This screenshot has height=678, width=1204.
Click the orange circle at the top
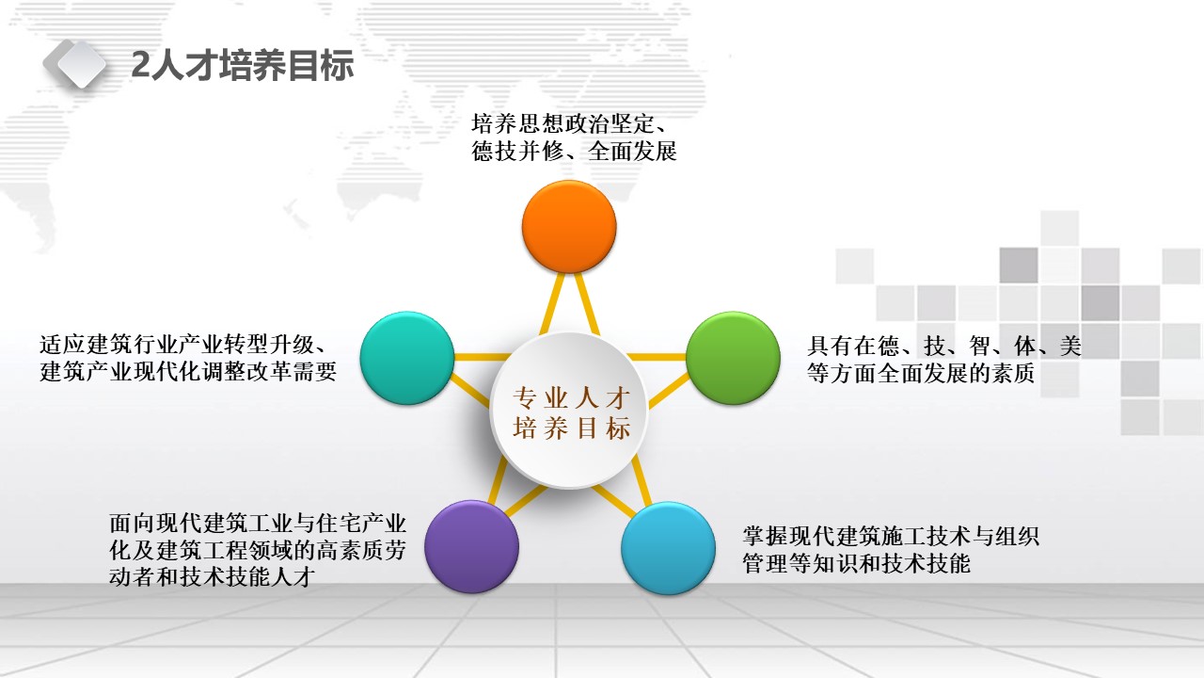pos(569,227)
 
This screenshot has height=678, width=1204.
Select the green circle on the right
pos(733,358)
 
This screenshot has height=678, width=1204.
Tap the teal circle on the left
pos(407,358)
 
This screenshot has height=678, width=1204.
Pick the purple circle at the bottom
pos(471,547)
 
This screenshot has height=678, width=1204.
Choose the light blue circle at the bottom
pos(668,548)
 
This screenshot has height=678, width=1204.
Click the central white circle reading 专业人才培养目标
pos(569,410)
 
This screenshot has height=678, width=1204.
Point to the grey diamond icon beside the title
pos(75,63)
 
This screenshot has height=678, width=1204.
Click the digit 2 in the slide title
pos(140,65)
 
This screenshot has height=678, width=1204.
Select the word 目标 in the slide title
pos(321,66)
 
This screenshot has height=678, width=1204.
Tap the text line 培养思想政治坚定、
pos(570,123)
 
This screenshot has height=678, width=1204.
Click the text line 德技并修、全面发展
pos(574,152)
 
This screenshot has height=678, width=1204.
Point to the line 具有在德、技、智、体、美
pos(943,346)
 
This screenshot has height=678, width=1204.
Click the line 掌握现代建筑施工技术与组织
pos(891,537)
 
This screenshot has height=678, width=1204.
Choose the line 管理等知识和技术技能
pos(856,564)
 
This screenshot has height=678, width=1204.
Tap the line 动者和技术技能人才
pos(212,577)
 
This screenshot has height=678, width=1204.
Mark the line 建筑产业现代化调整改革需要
pos(188,372)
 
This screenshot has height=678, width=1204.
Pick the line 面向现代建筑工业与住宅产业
pos(258,523)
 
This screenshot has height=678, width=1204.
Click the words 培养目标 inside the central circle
pos(571,428)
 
